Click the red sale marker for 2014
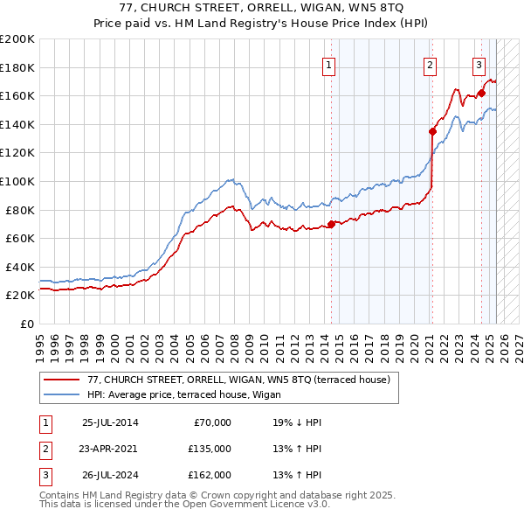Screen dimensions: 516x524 pos(331,224)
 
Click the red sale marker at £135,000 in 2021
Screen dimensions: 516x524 pos(432,132)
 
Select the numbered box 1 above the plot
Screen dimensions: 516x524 pos(328,63)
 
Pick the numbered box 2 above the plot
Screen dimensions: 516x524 pos(431,63)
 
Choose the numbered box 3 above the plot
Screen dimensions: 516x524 pos(479,63)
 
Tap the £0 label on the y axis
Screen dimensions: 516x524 pos(25,324)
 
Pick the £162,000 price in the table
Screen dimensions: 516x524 pos(210,475)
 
